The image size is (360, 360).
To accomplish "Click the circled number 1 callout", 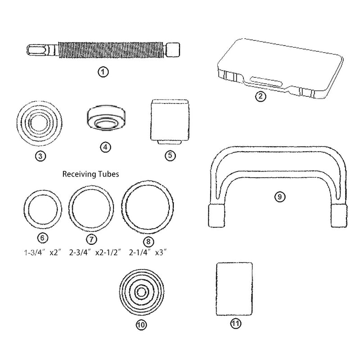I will [104, 72].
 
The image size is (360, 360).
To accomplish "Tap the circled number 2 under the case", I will [261, 95].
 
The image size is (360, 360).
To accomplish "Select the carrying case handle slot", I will [265, 81].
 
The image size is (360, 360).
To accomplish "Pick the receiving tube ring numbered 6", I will [43, 210].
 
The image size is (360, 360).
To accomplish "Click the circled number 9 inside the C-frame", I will [280, 197].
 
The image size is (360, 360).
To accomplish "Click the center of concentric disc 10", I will [143, 291].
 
